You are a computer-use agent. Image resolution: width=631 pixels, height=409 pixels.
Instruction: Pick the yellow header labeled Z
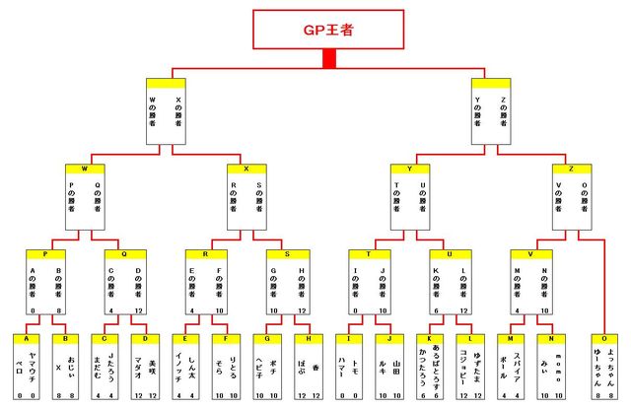pos(569,169)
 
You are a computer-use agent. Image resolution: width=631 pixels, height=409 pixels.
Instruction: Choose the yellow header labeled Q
pos(123,253)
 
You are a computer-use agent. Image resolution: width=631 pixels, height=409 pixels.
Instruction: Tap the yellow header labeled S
pos(288,253)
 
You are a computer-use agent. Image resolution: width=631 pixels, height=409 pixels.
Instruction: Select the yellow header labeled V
pos(530,253)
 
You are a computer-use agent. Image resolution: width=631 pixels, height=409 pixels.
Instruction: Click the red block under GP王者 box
pos(328,59)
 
